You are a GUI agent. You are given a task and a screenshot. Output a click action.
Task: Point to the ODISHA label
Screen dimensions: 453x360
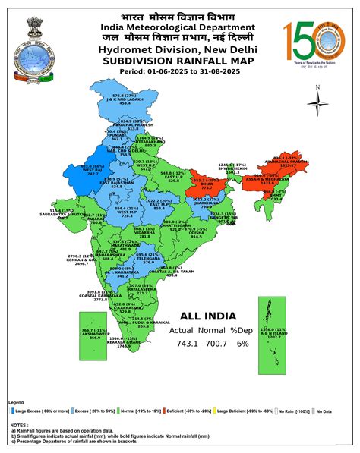[x=196, y=233]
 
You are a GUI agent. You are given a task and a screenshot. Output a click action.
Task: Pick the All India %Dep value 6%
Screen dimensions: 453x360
[x=242, y=344]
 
